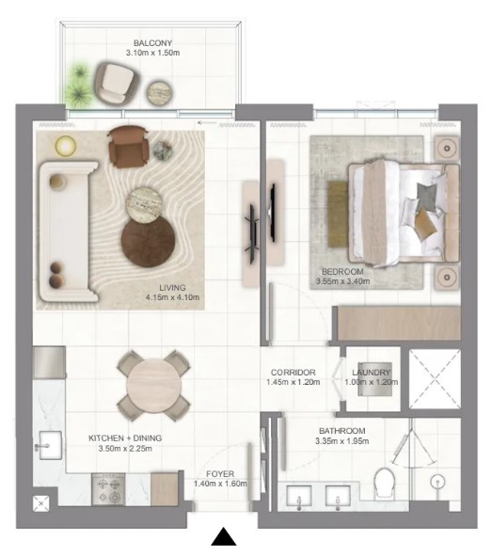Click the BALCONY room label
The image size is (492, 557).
[152, 43]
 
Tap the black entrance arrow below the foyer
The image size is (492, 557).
[224, 536]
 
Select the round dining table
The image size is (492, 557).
[154, 386]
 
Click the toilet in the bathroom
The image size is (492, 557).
[384, 483]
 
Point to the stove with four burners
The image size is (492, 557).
[109, 489]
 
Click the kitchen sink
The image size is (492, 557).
[49, 445]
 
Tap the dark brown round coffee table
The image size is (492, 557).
[148, 242]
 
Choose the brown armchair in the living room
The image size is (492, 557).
[128, 147]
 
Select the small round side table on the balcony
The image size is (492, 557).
[160, 92]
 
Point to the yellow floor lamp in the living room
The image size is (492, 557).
[66, 145]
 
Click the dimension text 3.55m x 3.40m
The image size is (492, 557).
[342, 281]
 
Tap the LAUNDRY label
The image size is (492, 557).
[372, 373]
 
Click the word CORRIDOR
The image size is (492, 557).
[294, 373]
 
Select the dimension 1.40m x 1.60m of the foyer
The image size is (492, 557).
[220, 484]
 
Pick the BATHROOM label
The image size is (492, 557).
[342, 431]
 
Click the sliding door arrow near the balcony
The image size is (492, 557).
[207, 123]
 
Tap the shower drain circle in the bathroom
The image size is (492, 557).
[437, 482]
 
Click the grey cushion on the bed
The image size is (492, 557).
[427, 194]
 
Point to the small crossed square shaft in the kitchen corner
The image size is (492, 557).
[41, 503]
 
